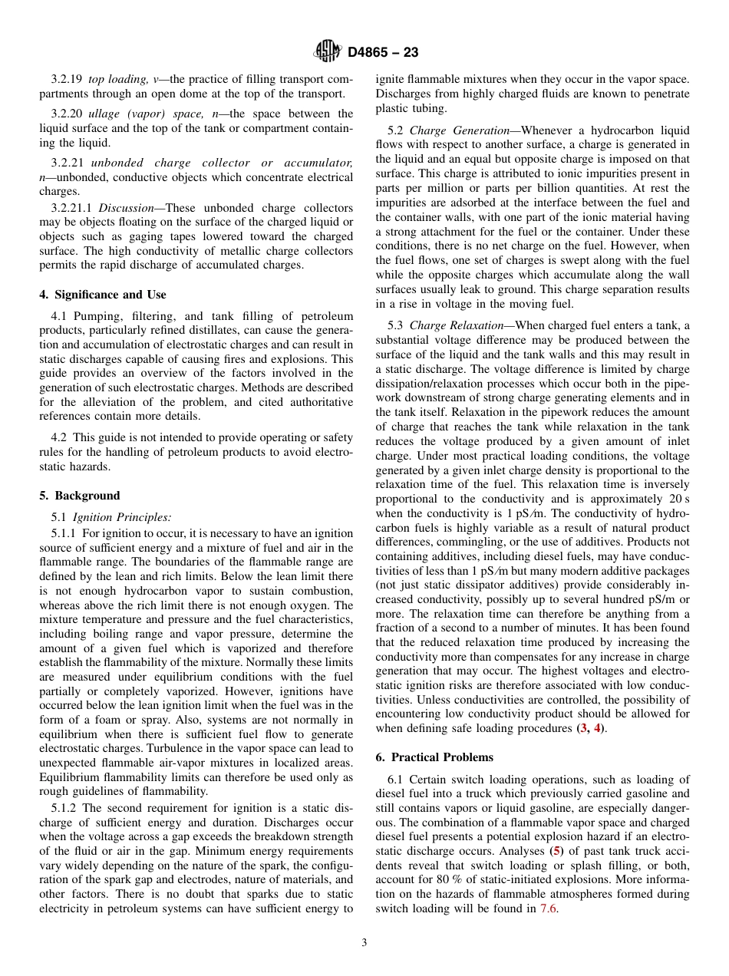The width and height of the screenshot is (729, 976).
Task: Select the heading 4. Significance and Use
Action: (103, 295)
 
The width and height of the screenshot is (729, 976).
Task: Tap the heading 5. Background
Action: (79, 496)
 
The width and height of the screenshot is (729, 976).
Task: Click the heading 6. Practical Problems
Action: (434, 757)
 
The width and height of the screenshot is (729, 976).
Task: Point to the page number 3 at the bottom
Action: (364, 943)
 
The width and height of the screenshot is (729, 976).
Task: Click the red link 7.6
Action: (549, 908)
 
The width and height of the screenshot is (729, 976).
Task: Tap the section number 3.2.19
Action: (67, 79)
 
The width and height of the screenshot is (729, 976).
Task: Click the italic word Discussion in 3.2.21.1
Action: (126, 207)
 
